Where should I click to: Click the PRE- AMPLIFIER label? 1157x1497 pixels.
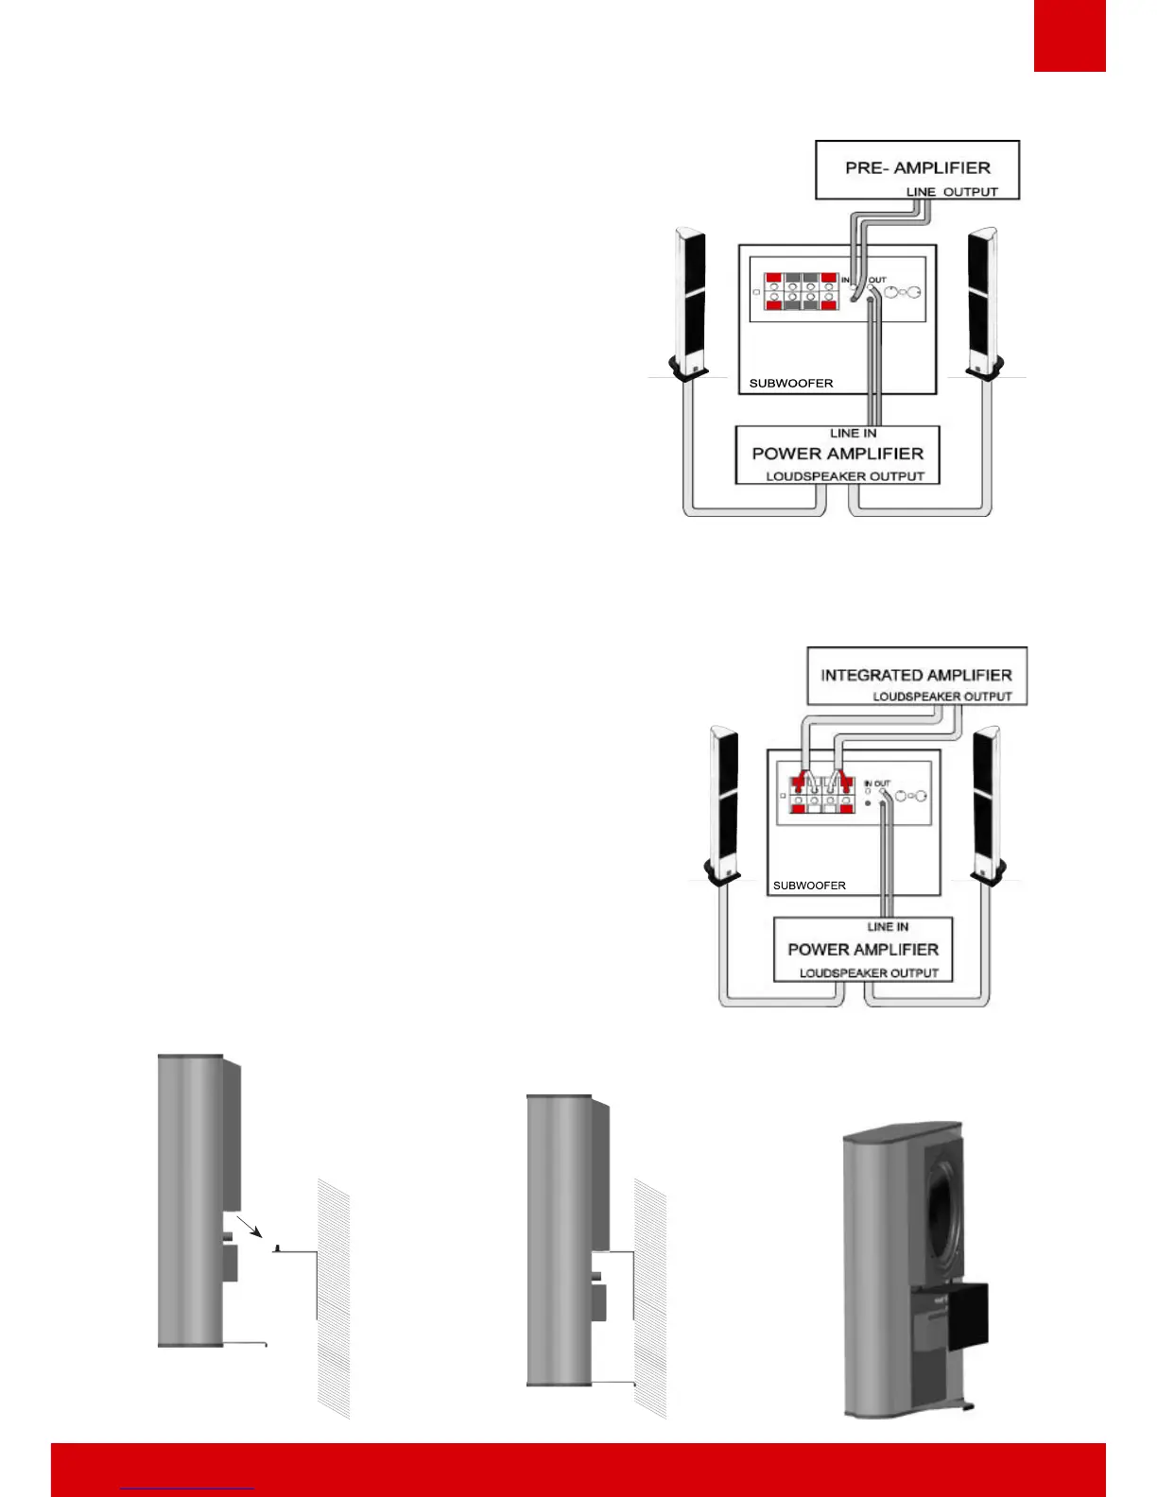pyautogui.click(x=917, y=168)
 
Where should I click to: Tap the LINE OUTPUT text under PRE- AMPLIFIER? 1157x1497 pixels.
pyautogui.click(x=952, y=192)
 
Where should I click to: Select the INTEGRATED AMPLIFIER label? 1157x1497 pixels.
pyautogui.click(x=916, y=676)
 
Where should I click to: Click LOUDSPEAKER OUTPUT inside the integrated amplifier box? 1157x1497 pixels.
pyautogui.click(x=941, y=697)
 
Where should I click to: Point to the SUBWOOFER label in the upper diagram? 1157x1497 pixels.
pyautogui.click(x=791, y=384)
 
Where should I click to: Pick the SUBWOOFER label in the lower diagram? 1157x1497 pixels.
pyautogui.click(x=809, y=886)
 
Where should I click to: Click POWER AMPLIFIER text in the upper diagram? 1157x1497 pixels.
pyautogui.click(x=838, y=454)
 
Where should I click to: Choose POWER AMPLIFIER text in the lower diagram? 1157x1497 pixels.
pyautogui.click(x=863, y=950)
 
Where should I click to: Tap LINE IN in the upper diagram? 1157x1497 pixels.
pyautogui.click(x=853, y=434)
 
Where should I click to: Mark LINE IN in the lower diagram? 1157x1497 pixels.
pyautogui.click(x=888, y=927)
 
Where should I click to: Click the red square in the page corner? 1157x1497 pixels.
pyautogui.click(x=1069, y=35)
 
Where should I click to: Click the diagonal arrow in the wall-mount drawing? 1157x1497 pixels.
pyautogui.click(x=250, y=1227)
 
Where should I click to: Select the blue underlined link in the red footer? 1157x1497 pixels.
pyautogui.click(x=187, y=1488)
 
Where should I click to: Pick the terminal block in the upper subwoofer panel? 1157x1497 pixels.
pyautogui.click(x=800, y=292)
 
